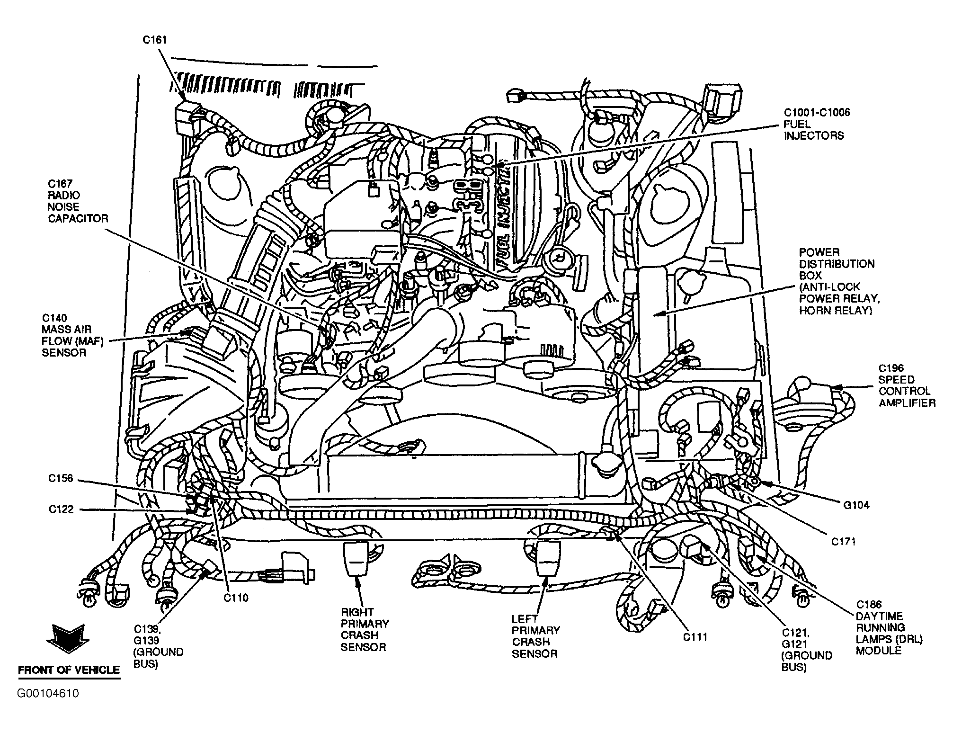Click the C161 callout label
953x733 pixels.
[155, 40]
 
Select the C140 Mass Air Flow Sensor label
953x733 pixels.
[72, 335]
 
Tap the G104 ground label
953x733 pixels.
[856, 505]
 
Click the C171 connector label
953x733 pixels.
[844, 541]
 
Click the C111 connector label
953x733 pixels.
[695, 637]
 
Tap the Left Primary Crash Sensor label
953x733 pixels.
[536, 636]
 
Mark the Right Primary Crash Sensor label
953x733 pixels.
[365, 629]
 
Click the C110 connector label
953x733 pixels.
[236, 598]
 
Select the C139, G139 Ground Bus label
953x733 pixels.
[158, 646]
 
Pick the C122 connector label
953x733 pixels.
[61, 510]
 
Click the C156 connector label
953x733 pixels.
[61, 479]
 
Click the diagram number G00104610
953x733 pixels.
[48, 694]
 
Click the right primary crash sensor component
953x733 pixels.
[356, 559]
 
